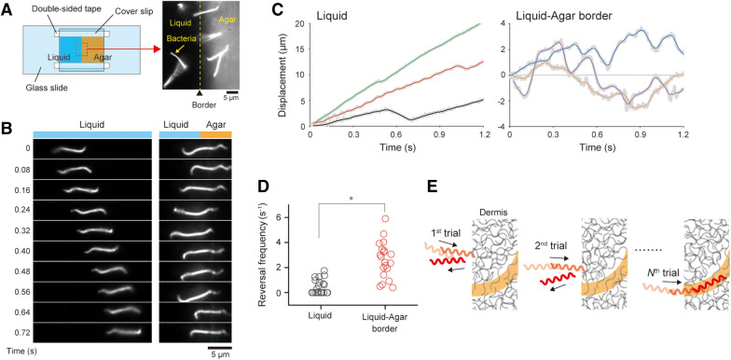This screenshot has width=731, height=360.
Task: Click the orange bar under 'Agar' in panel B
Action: (214, 135)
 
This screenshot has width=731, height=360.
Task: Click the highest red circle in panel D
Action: (385, 218)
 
